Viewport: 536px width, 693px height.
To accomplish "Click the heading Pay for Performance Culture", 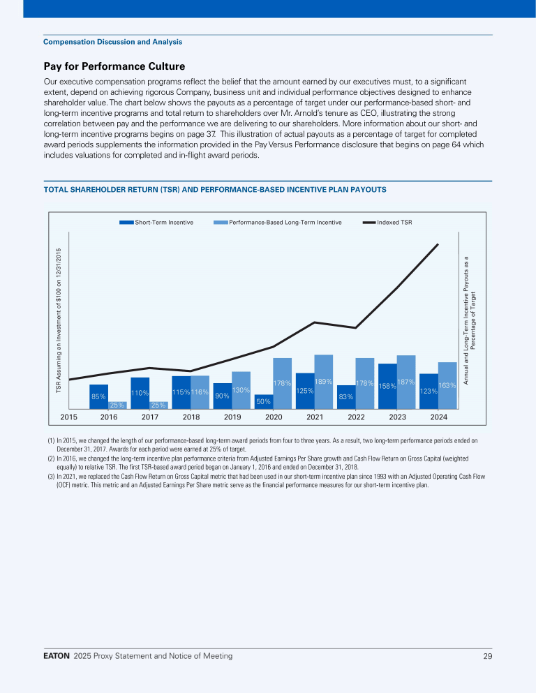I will pos(114,67).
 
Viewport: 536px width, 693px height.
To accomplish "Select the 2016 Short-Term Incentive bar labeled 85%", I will pos(98,396).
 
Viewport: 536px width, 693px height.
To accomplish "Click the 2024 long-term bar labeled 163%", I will pos(447,385).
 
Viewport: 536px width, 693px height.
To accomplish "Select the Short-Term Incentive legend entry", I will pos(157,223).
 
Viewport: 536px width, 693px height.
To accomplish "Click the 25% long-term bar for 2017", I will pos(158,405).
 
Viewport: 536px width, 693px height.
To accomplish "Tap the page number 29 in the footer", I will pos(487,656).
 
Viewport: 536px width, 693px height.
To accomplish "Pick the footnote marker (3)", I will pos(51,476).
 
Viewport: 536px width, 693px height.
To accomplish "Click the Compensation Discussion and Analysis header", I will pos(112,42).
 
